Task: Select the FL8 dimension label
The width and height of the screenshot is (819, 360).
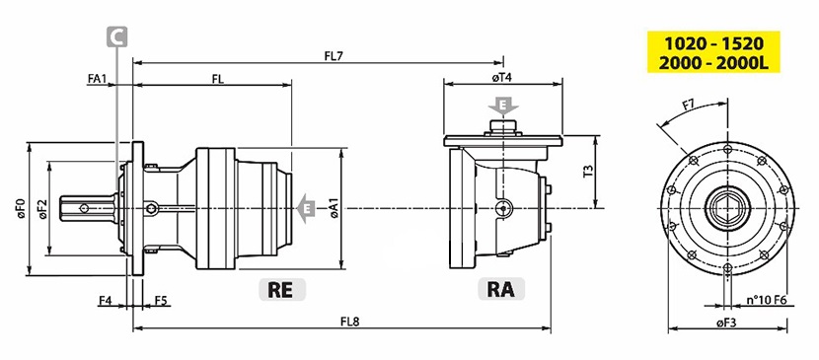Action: pyautogui.click(x=349, y=322)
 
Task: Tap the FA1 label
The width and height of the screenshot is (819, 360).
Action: pyautogui.click(x=97, y=79)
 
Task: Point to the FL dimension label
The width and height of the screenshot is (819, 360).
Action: pyautogui.click(x=218, y=79)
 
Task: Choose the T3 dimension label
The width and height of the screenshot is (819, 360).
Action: pyautogui.click(x=588, y=172)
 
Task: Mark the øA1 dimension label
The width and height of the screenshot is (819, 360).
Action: pyautogui.click(x=335, y=209)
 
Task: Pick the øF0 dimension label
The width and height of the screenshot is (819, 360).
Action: pyautogui.click(x=21, y=208)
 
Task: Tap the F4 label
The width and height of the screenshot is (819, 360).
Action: pyautogui.click(x=106, y=301)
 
